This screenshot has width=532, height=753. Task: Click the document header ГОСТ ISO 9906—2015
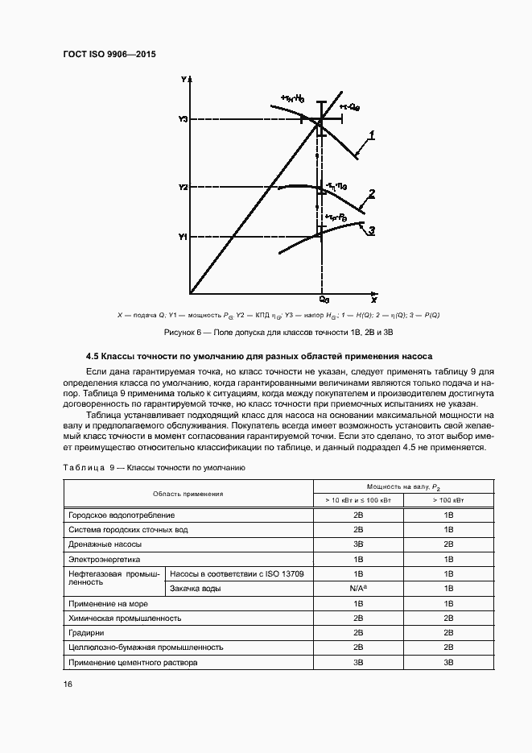pyautogui.click(x=109, y=54)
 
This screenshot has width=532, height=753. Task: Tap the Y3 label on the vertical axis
pyautogui.click(x=183, y=119)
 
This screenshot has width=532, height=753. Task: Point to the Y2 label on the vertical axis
pyautogui.click(x=183, y=187)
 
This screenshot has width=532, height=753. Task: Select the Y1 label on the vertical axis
pyautogui.click(x=183, y=237)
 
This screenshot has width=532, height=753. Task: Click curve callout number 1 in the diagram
pyautogui.click(x=371, y=133)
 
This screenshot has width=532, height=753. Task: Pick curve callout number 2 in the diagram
pyautogui.click(x=371, y=193)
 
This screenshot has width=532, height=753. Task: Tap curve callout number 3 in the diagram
pyautogui.click(x=371, y=230)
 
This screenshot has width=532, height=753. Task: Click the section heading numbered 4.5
pyautogui.click(x=259, y=355)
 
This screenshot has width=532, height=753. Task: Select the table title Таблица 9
pyautogui.click(x=155, y=467)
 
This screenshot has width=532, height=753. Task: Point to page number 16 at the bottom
pyautogui.click(x=68, y=684)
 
